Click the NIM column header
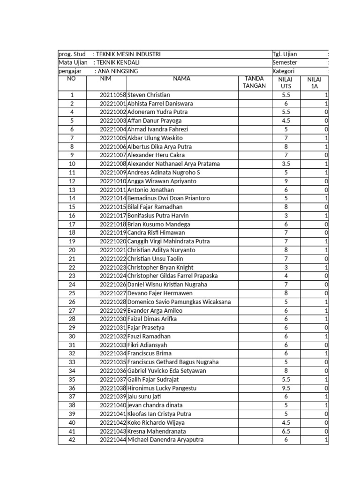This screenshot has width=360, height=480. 106,79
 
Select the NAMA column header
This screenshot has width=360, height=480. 181,79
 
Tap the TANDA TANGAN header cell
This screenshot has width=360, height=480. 254,82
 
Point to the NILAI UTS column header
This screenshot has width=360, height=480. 285,83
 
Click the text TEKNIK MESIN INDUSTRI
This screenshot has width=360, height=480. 128,54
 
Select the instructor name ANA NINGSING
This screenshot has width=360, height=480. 118,71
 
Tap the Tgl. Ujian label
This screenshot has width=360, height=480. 285,54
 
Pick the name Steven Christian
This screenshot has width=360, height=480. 149,95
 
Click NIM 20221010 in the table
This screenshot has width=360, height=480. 113,181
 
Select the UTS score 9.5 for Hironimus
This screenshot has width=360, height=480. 285,388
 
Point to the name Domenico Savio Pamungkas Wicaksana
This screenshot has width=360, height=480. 179,302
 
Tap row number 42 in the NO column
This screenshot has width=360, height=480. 72,440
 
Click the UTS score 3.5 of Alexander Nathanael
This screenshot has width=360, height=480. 285,164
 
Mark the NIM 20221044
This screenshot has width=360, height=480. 113,440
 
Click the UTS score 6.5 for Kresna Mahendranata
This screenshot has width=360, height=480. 285,431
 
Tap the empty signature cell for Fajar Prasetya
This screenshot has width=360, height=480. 254,328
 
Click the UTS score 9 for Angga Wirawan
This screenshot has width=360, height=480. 285,181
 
